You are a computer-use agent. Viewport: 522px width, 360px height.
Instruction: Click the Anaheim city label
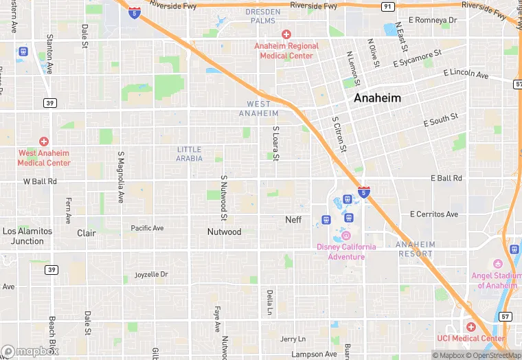tap(377, 98)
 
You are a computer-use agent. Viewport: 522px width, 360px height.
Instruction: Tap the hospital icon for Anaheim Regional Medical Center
tap(286, 34)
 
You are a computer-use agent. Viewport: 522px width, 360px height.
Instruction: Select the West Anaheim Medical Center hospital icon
tap(44, 141)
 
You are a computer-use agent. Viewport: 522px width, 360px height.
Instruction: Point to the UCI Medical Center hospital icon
tap(470, 327)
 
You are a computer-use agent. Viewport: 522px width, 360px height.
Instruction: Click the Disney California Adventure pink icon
tap(346, 236)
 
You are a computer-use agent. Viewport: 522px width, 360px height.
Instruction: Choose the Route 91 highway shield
tap(388, 6)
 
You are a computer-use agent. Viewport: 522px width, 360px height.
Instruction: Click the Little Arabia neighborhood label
tap(190, 154)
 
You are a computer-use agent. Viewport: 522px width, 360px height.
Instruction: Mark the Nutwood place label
tap(224, 232)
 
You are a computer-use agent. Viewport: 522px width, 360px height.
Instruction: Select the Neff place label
tap(293, 220)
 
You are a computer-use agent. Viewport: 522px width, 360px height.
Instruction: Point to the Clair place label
tap(87, 233)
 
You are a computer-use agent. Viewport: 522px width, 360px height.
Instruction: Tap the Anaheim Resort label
tap(416, 249)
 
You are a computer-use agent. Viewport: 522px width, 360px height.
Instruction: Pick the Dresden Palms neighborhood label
tap(264, 16)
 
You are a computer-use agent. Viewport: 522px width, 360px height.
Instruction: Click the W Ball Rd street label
tap(40, 182)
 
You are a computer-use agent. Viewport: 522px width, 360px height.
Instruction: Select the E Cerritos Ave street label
tap(433, 214)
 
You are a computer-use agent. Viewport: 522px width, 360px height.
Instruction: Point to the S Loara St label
tap(275, 144)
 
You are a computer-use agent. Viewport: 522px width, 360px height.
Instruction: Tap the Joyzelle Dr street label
tap(152, 275)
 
